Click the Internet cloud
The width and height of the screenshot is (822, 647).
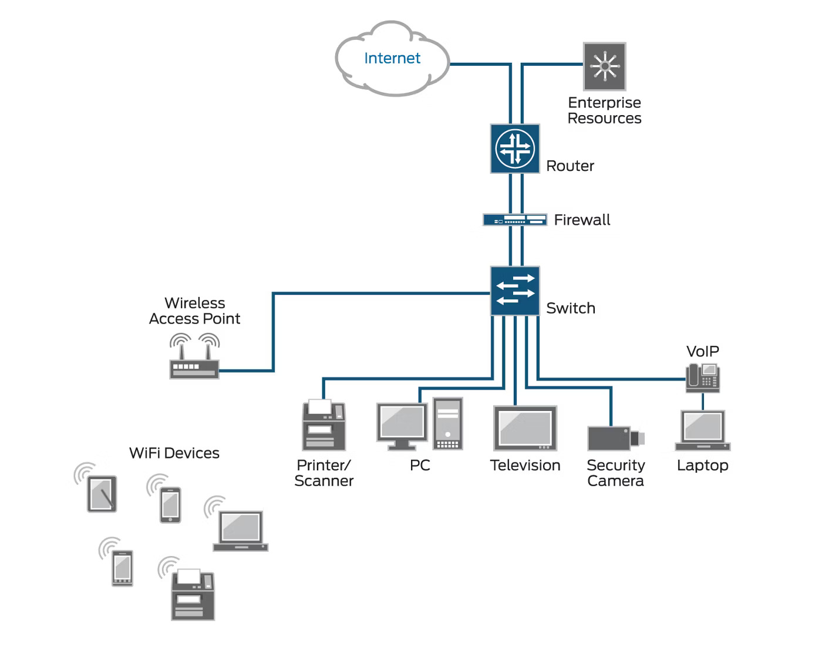point(392,59)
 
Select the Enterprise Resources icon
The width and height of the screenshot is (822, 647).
point(604,66)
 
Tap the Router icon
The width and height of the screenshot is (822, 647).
point(515,149)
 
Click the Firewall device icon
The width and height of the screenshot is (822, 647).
point(515,220)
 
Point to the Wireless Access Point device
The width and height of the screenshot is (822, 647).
point(194,365)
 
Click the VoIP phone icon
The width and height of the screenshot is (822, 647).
point(702,378)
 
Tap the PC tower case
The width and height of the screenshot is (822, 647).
point(447,424)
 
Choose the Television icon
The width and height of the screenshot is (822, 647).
point(525,428)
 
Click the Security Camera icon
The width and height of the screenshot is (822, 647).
point(615,438)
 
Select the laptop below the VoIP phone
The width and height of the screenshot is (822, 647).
point(702,430)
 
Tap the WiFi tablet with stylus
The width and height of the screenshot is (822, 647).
point(102,494)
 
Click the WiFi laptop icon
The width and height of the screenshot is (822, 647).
point(240,531)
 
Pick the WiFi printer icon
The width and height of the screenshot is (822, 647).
point(193,595)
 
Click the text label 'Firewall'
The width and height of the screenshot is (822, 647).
point(582,220)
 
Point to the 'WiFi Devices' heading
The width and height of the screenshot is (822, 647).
point(174,453)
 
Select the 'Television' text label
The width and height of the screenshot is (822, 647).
point(525,466)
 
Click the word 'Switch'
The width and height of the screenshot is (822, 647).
point(570,308)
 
